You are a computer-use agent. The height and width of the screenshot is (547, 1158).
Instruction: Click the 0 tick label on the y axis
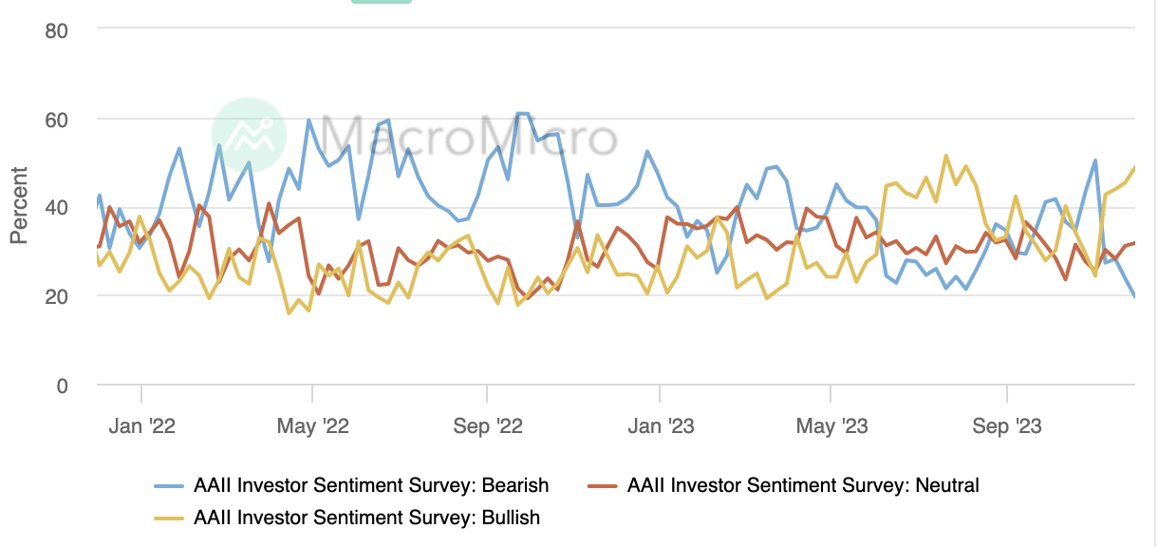pos(62,385)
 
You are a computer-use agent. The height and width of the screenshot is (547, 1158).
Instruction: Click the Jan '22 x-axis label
pos(141,425)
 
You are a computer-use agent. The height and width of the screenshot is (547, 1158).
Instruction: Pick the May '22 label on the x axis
pos(312,425)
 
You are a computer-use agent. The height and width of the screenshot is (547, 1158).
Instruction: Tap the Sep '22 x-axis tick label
pos(486,425)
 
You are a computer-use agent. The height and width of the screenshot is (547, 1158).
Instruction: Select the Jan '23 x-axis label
pos(659,425)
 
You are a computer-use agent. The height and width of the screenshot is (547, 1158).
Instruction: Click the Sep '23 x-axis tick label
pos(1006,425)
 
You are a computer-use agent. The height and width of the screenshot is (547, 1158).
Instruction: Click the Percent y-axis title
pos(19,205)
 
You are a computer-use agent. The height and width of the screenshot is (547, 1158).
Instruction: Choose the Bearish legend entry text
pos(371,485)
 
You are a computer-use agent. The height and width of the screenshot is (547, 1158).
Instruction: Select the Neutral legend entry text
pos(803,485)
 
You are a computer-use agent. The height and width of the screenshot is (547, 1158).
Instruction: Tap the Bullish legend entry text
pos(366,518)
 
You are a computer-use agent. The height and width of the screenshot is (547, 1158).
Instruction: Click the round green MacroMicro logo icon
pos(248,135)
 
